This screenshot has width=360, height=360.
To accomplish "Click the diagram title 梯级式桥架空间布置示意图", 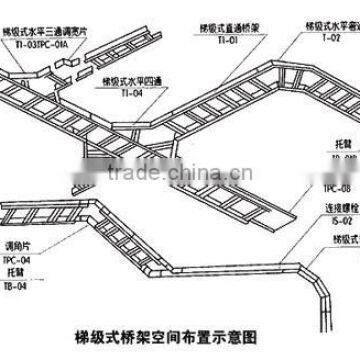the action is click(180, 339).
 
